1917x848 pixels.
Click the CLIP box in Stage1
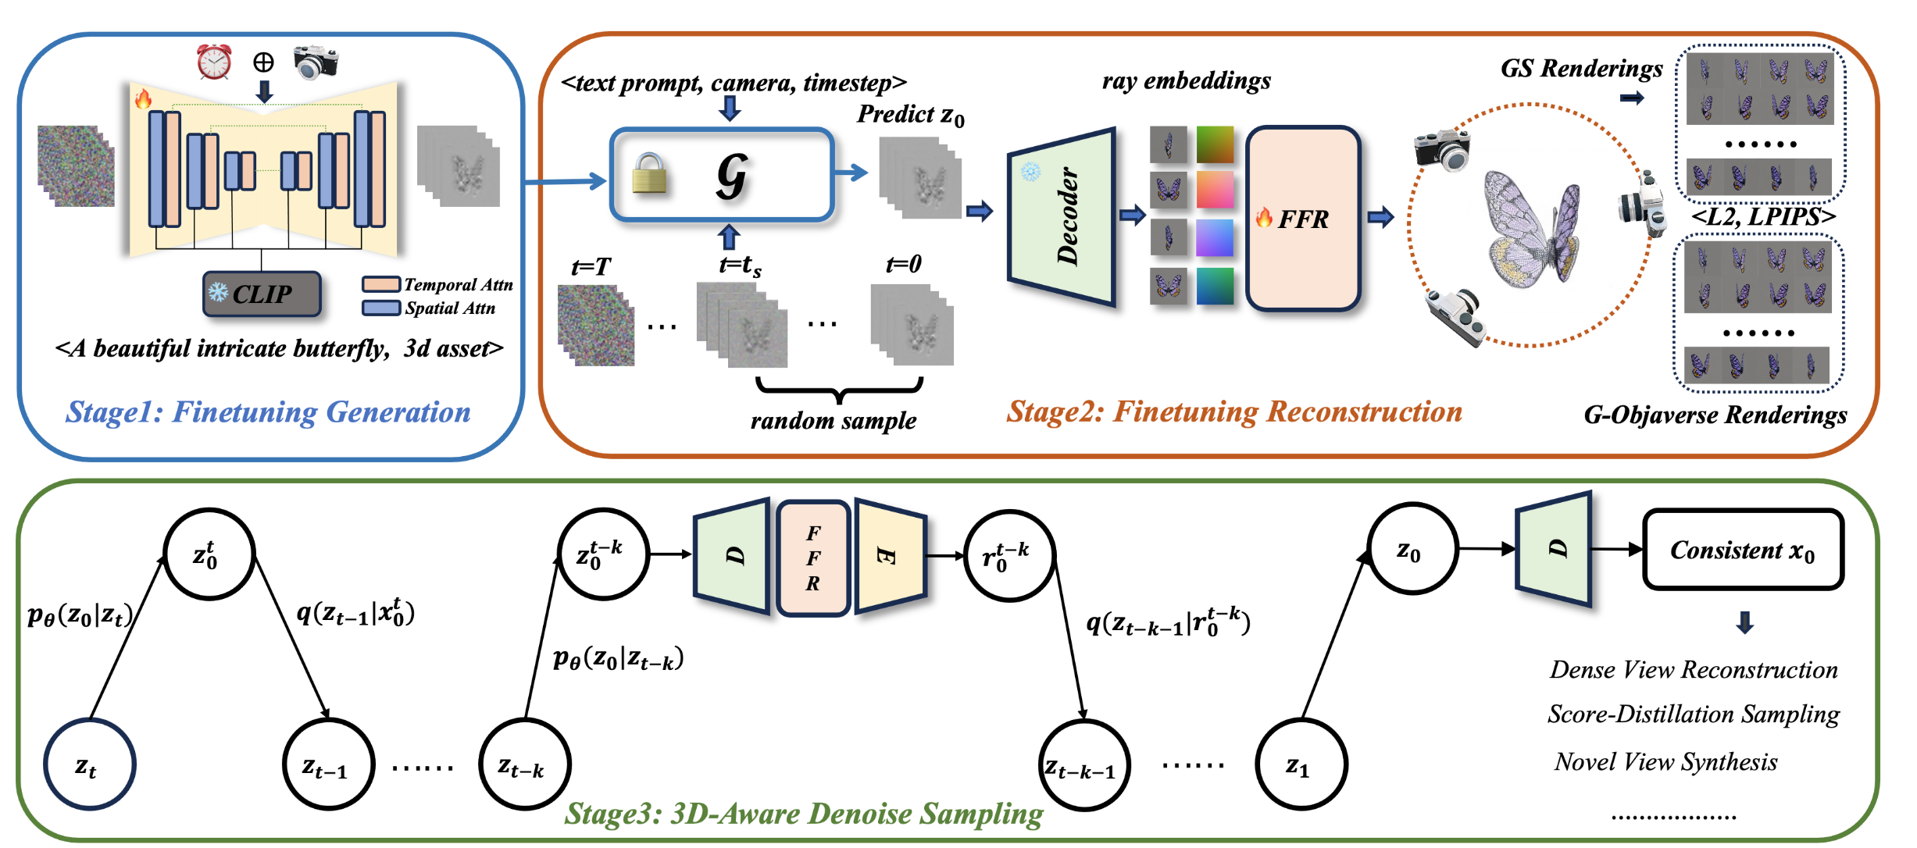tap(261, 294)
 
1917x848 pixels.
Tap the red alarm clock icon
tap(213, 62)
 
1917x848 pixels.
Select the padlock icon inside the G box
tap(649, 173)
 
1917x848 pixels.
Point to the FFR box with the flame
tap(1303, 219)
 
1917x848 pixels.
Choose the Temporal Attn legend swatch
tap(381, 284)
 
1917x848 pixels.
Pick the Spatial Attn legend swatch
tap(381, 308)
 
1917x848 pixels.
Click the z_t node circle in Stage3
tap(89, 764)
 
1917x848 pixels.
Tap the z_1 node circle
tap(1301, 764)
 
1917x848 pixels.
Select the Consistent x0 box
tap(1743, 550)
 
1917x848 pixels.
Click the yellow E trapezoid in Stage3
tap(890, 556)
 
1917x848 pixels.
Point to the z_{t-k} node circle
tap(524, 764)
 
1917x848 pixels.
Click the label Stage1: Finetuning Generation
tap(268, 412)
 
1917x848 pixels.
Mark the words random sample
tap(834, 422)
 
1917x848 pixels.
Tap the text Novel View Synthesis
tap(1665, 762)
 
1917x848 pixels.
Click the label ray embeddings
tap(1186, 81)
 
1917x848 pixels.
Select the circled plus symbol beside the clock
tap(264, 62)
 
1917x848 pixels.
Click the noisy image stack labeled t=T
tap(596, 325)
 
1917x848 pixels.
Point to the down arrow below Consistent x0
tap(1744, 622)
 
